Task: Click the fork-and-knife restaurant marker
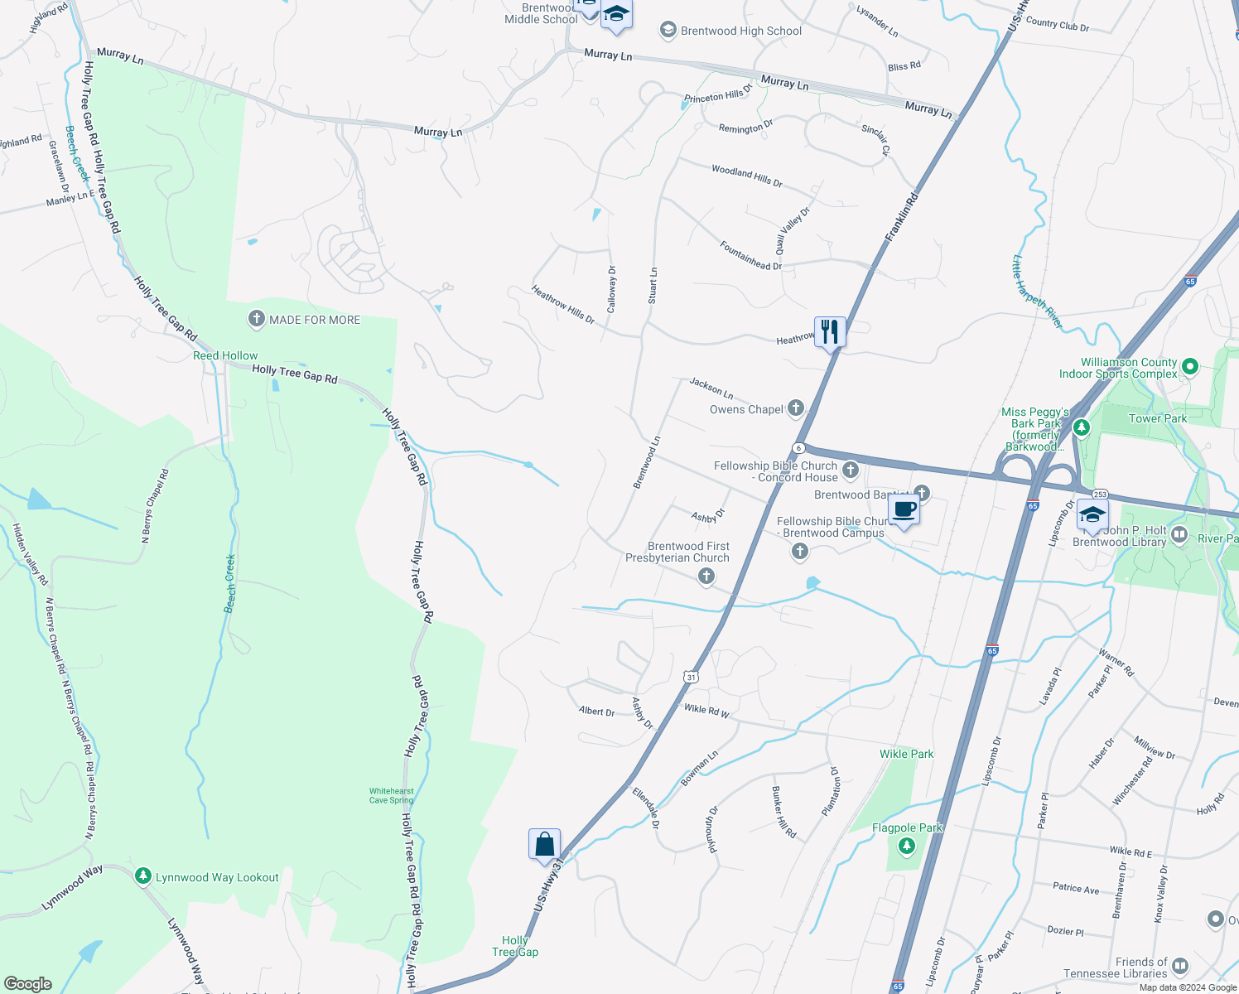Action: [x=830, y=332]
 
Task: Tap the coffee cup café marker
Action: [x=904, y=510]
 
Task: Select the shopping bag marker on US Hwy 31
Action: [x=544, y=844]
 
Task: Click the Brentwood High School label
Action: [x=740, y=31]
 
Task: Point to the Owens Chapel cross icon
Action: [x=795, y=408]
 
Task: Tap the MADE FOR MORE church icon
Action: [x=257, y=319]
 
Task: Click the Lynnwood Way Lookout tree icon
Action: [x=143, y=876]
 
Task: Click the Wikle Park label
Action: [x=906, y=754]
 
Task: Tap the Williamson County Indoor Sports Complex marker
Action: [x=1190, y=365]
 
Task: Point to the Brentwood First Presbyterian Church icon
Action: [x=706, y=576]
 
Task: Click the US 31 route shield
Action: [x=691, y=677]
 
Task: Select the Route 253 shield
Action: [x=1100, y=495]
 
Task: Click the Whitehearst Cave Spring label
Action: [x=391, y=796]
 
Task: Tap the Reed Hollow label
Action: [x=225, y=355]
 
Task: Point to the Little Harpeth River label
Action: [x=1036, y=292]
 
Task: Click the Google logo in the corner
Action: [x=28, y=983]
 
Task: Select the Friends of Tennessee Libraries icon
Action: [x=1180, y=966]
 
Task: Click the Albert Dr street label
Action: [x=596, y=712]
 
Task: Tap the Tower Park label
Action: [x=1158, y=418]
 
